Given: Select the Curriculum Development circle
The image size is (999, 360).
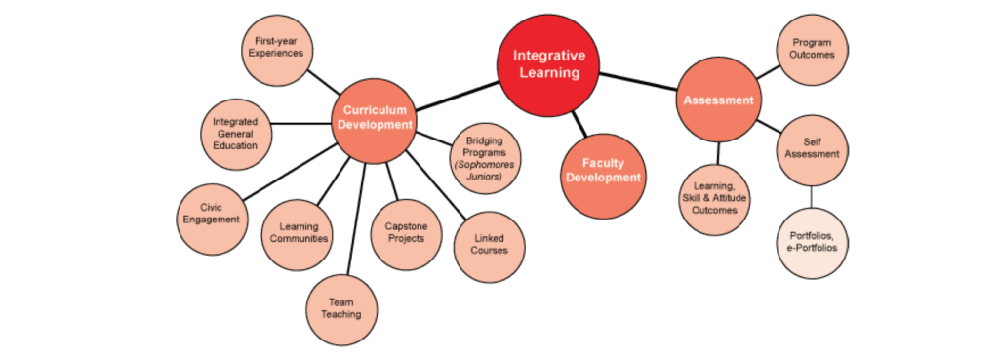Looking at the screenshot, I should point(375,118).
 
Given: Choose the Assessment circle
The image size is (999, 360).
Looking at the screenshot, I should point(718,100).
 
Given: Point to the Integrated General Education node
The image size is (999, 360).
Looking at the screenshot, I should point(235,134).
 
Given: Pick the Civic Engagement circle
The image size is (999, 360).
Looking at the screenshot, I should point(211,213).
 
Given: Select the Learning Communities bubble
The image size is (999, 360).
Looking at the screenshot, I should point(297,232).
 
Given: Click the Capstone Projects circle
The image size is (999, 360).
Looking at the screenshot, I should point(406,232).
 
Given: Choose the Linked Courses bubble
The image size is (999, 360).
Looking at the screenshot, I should point(490,244).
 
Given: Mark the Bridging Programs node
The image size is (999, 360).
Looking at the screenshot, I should point(485,158).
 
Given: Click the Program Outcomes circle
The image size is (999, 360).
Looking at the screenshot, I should point(812,48).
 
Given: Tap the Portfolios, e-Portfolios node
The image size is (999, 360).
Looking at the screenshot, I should point(812,242).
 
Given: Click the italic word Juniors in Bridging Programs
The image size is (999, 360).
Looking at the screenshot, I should point(485,177).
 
